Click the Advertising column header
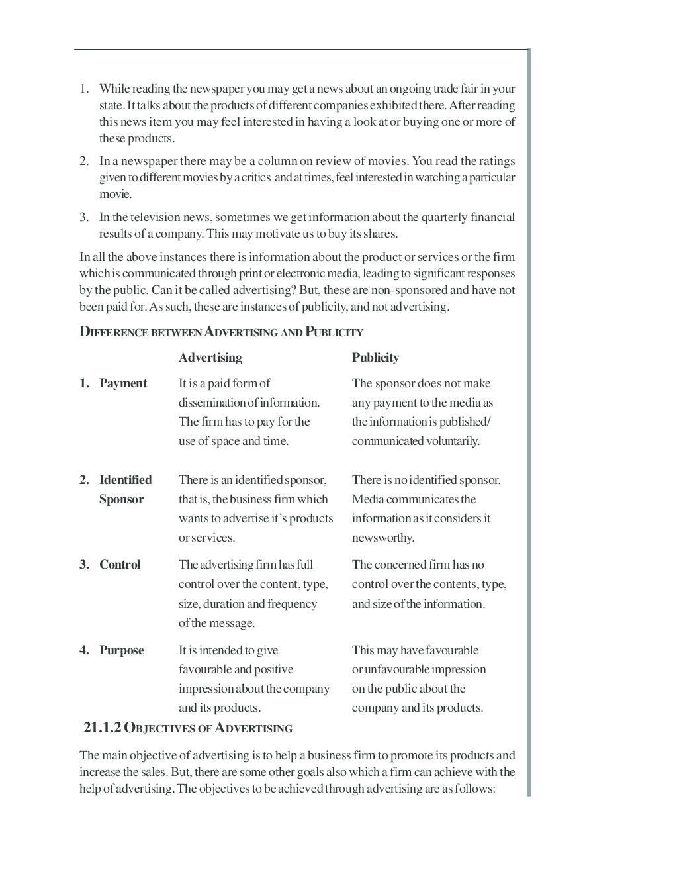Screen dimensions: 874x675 tap(210, 358)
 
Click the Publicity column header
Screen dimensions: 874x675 tap(375, 358)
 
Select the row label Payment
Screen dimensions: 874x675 tap(123, 383)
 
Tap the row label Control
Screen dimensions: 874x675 tap(120, 565)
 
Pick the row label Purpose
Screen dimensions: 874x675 tap(121, 650)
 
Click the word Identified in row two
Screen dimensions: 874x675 tap(125, 480)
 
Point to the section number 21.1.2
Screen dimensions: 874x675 tap(103, 728)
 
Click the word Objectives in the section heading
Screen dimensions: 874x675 tap(159, 728)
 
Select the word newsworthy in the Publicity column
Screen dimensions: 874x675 tap(382, 538)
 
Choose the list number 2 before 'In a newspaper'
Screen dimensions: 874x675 tap(84, 161)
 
